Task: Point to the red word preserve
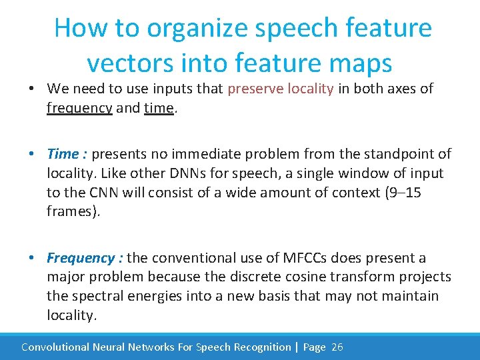tap(254, 89)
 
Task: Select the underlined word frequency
tap(79, 108)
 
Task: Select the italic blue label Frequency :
tap(85, 257)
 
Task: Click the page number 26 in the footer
tap(337, 347)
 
